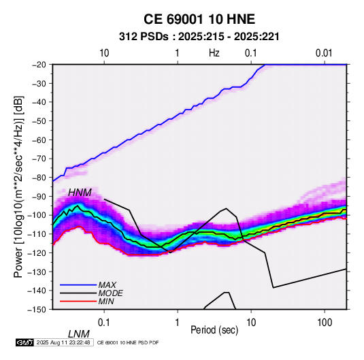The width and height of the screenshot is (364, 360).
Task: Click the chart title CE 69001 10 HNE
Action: pyautogui.click(x=199, y=19)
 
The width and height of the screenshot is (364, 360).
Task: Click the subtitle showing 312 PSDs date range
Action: pyautogui.click(x=199, y=37)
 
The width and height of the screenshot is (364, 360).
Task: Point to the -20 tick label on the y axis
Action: pyautogui.click(x=39, y=65)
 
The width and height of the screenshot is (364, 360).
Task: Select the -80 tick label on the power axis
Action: pyautogui.click(x=39, y=178)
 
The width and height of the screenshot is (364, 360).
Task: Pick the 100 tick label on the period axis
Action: pyautogui.click(x=325, y=323)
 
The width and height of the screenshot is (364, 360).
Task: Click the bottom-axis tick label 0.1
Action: pyautogui.click(x=104, y=323)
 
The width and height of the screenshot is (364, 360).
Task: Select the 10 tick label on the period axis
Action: pyautogui.click(x=251, y=323)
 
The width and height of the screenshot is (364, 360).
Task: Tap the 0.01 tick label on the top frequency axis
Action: pyautogui.click(x=324, y=53)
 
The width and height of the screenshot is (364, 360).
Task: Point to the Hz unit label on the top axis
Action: pyautogui.click(x=214, y=53)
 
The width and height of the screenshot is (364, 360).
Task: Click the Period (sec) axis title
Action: pyautogui.click(x=214, y=330)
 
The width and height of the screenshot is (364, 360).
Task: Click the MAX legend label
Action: pyautogui.click(x=107, y=285)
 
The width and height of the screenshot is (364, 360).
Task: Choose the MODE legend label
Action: pyautogui.click(x=110, y=293)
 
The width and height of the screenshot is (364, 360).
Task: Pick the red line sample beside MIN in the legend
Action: pyautogui.click(x=78, y=301)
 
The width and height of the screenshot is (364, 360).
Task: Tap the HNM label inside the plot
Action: pyautogui.click(x=80, y=193)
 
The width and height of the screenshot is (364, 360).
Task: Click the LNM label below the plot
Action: pyautogui.click(x=79, y=334)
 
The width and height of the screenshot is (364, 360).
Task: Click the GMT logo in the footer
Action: pyautogui.click(x=25, y=342)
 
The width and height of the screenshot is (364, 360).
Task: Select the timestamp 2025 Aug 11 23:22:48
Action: pyautogui.click(x=63, y=342)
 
